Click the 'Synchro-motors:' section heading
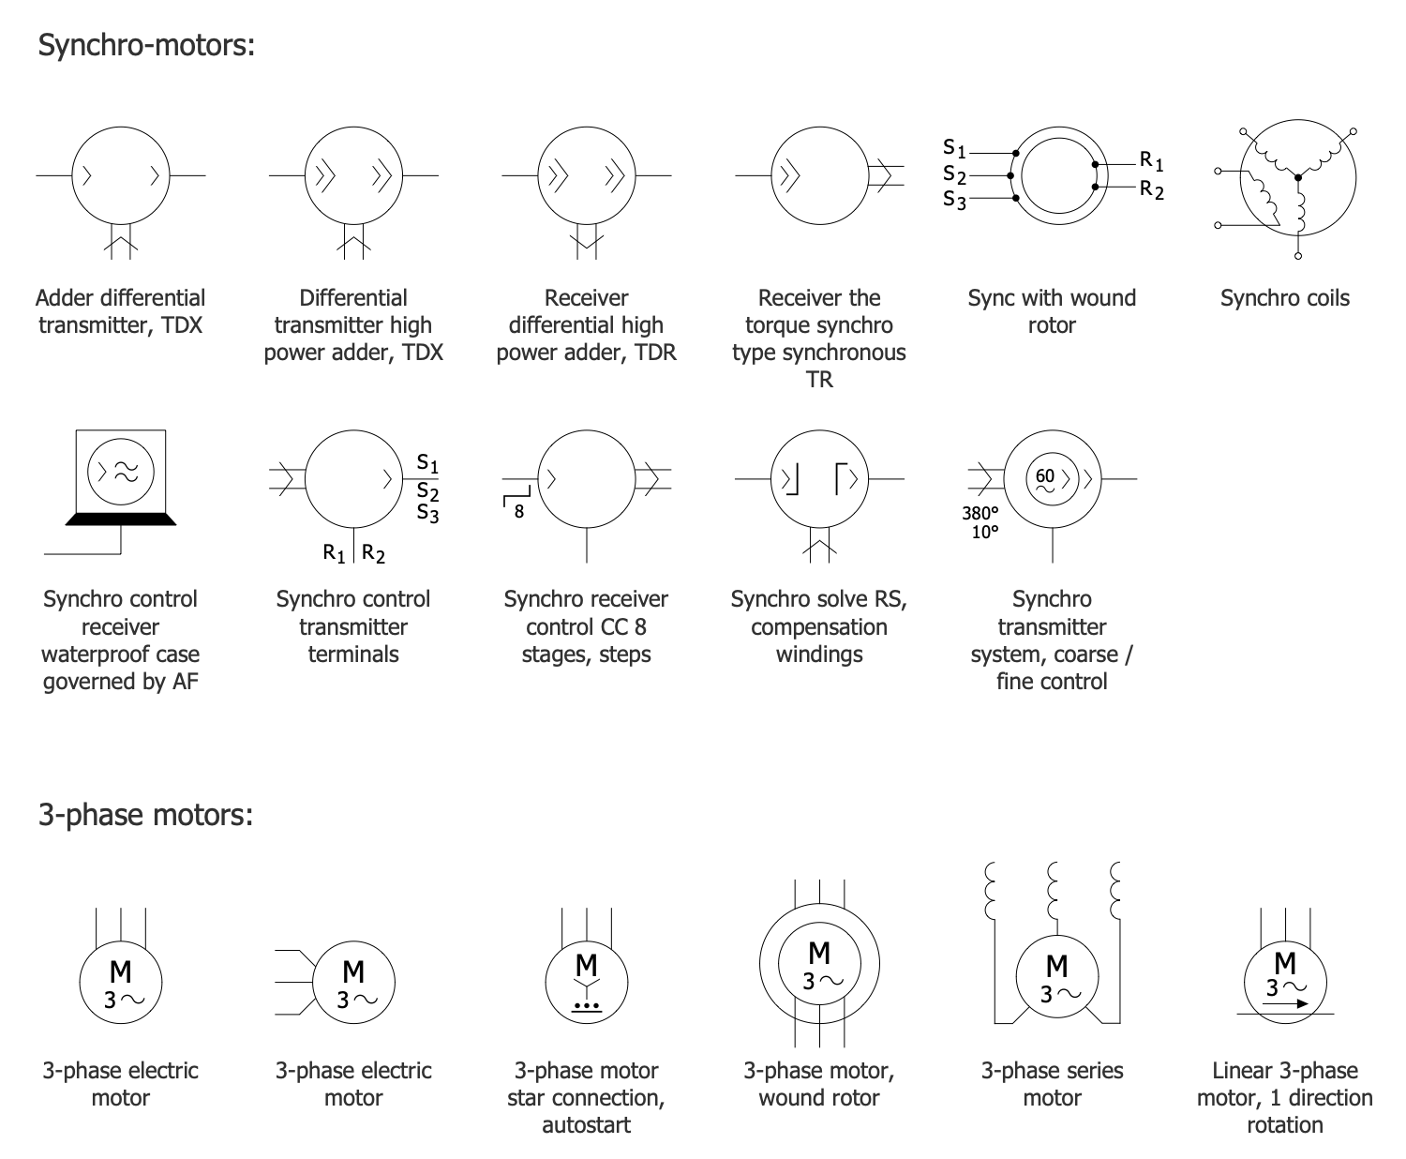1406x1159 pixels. point(146,45)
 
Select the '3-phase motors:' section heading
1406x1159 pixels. point(145,814)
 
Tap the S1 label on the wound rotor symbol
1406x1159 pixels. point(954,148)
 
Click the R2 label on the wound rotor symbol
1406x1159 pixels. point(1151,190)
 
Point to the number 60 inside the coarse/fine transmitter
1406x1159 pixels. point(1045,475)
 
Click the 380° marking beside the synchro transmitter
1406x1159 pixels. point(980,513)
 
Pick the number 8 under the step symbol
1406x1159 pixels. point(518,512)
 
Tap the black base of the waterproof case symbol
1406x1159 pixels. point(120,519)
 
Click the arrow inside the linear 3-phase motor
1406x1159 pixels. point(1284,1002)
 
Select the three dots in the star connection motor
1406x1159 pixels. point(586,1005)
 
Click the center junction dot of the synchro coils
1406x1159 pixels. point(1298,176)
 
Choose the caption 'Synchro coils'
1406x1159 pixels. point(1284,298)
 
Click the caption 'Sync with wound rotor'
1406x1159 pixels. point(1052,311)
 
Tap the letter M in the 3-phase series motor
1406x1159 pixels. point(1056,965)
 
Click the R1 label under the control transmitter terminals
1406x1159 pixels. point(335,553)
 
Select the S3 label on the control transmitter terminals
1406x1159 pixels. point(427,513)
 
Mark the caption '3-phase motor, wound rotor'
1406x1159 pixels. point(818,1084)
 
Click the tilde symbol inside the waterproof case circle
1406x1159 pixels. point(126,472)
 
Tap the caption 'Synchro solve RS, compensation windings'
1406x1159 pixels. point(818,626)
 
